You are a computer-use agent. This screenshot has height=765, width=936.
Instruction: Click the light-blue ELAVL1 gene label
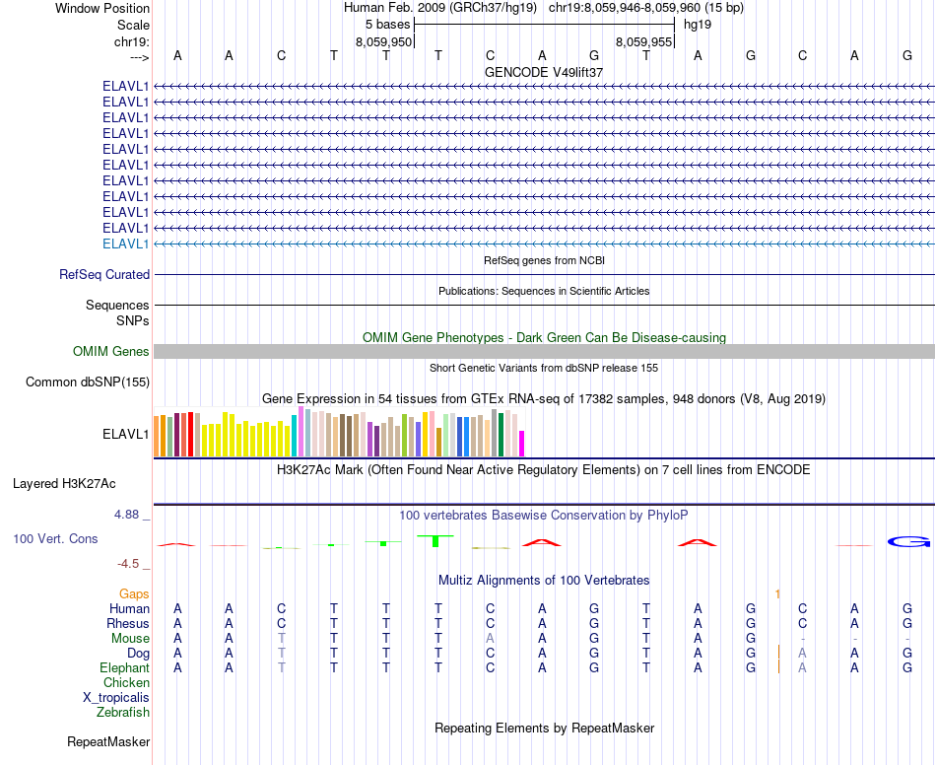[126, 243]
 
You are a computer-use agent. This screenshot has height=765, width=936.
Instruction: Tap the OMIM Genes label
[111, 352]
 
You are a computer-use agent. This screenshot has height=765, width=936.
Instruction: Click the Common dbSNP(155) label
[88, 382]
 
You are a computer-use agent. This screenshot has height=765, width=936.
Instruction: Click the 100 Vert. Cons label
[55, 539]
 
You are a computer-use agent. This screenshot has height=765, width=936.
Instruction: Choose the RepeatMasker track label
[108, 741]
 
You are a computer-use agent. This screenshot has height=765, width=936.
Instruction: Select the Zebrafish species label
[123, 712]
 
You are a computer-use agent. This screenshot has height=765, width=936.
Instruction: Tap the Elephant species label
[125, 667]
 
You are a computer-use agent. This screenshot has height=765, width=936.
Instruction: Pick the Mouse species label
[130, 639]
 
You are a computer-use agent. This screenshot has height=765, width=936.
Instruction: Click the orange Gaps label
[134, 593]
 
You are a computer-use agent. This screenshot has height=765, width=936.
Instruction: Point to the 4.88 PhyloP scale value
[130, 515]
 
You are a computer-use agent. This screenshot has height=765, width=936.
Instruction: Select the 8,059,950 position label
[383, 42]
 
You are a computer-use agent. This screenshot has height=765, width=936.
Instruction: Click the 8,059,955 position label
[643, 42]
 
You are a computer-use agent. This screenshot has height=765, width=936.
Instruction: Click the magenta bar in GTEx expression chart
[522, 444]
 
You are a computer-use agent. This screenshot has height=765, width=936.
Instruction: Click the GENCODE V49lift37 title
[544, 72]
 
